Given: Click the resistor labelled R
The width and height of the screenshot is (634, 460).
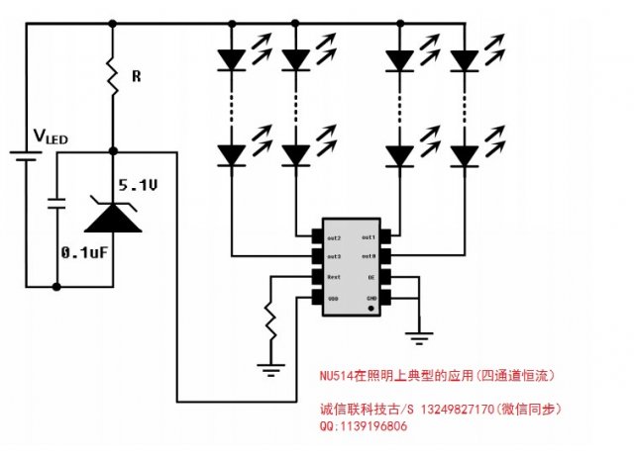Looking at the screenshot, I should [113, 75].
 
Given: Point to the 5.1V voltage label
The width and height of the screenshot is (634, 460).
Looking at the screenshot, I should [139, 185].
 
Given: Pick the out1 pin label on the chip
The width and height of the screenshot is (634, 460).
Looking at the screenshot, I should [366, 238].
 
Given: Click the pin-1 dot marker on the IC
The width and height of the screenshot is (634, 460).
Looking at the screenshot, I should [371, 309].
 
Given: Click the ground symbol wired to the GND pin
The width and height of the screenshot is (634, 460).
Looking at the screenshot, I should [420, 338].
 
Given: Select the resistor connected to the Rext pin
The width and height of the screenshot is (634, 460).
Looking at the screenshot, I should [269, 322].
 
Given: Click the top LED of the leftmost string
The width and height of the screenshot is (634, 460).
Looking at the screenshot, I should [231, 60].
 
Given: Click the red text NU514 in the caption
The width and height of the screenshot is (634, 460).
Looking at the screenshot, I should [338, 376].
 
